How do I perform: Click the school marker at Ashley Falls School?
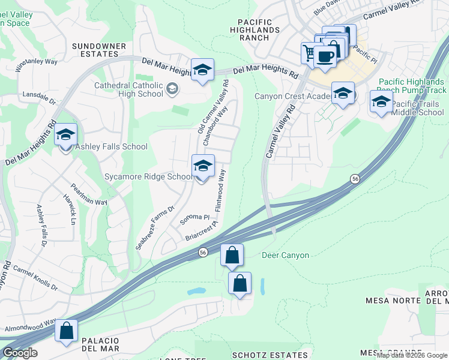point(65,135)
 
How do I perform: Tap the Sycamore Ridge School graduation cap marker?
point(203,166)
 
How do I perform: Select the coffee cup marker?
point(325,57)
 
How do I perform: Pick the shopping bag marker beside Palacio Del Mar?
point(66,331)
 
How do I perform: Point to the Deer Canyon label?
point(286,256)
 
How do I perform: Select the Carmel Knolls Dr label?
point(35,278)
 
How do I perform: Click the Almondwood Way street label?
point(30,326)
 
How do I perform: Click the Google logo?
point(20,353)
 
